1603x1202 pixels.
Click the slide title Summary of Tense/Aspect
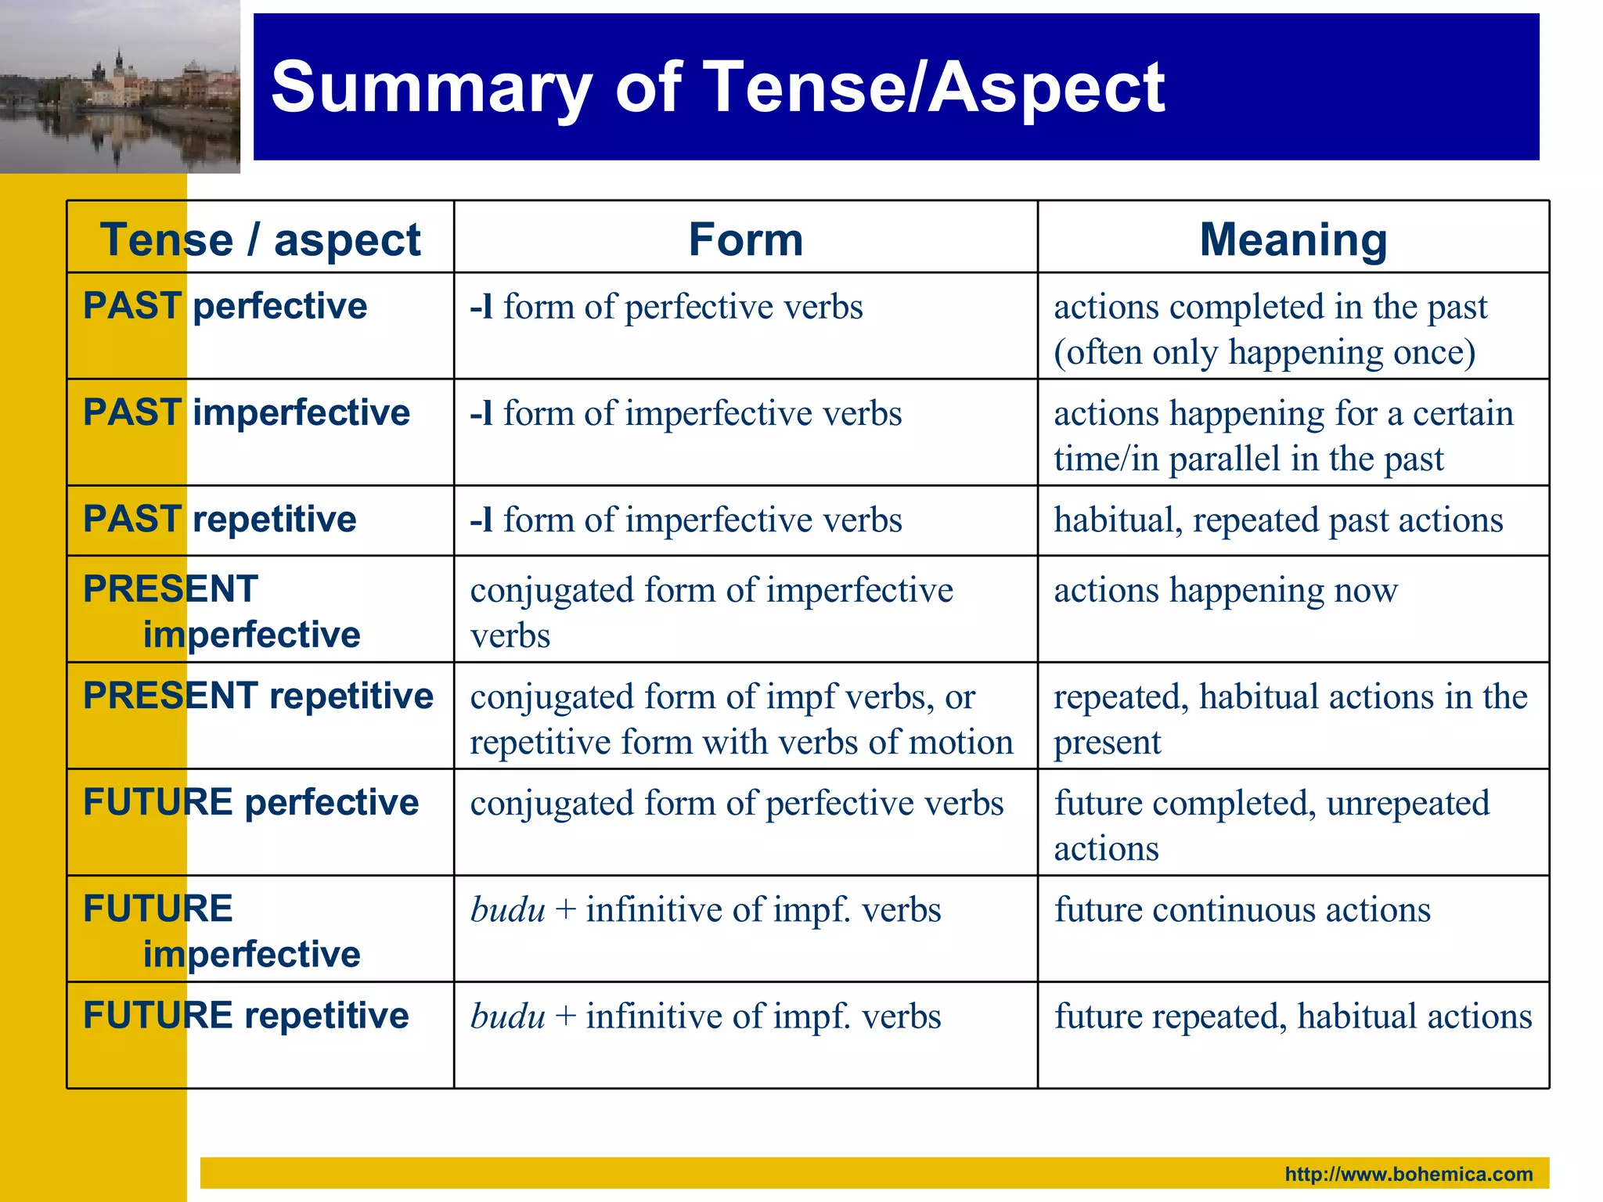(x=717, y=88)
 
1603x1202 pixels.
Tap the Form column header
(x=745, y=239)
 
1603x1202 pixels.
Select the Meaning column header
(x=1293, y=239)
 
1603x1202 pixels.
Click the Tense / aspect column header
(x=260, y=239)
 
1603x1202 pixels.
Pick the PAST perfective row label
(x=225, y=306)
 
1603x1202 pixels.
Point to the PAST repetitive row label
(x=220, y=520)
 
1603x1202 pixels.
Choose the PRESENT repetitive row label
(x=258, y=696)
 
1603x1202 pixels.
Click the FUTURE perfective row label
(x=251, y=803)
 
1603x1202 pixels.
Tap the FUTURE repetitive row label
(x=246, y=1016)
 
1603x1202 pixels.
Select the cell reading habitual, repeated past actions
(x=1278, y=520)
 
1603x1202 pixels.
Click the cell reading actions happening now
(x=1225, y=590)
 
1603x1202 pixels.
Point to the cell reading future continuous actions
(x=1242, y=910)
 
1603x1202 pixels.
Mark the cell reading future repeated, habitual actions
(x=1293, y=1017)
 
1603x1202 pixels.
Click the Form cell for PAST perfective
(x=666, y=307)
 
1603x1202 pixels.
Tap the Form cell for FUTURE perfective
(x=737, y=804)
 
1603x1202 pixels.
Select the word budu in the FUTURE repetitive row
(x=507, y=1017)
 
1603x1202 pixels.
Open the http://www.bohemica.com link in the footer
(x=1408, y=1174)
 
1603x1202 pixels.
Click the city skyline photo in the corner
(x=120, y=86)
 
